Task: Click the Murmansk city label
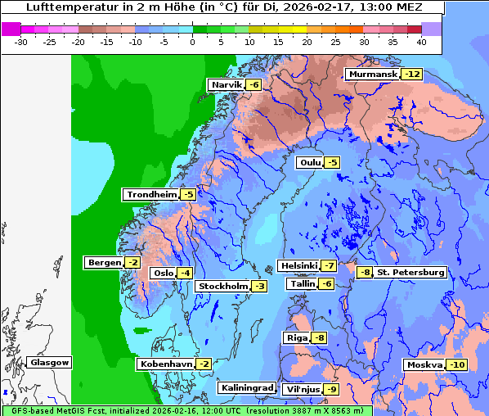point(372,74)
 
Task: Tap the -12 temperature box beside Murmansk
point(412,74)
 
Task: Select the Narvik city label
point(227,84)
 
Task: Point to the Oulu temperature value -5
point(331,162)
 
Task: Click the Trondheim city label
point(150,194)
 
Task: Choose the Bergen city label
point(103,262)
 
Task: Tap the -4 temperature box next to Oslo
point(186,273)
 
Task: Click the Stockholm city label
point(222,286)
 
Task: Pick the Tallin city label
point(302,283)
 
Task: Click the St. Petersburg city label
point(410,272)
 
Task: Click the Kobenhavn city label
point(166,364)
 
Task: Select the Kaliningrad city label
point(246,387)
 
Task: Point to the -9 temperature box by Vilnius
point(331,389)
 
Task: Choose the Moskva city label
point(424,364)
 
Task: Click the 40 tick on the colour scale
point(420,41)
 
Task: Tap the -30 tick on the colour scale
point(22,41)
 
